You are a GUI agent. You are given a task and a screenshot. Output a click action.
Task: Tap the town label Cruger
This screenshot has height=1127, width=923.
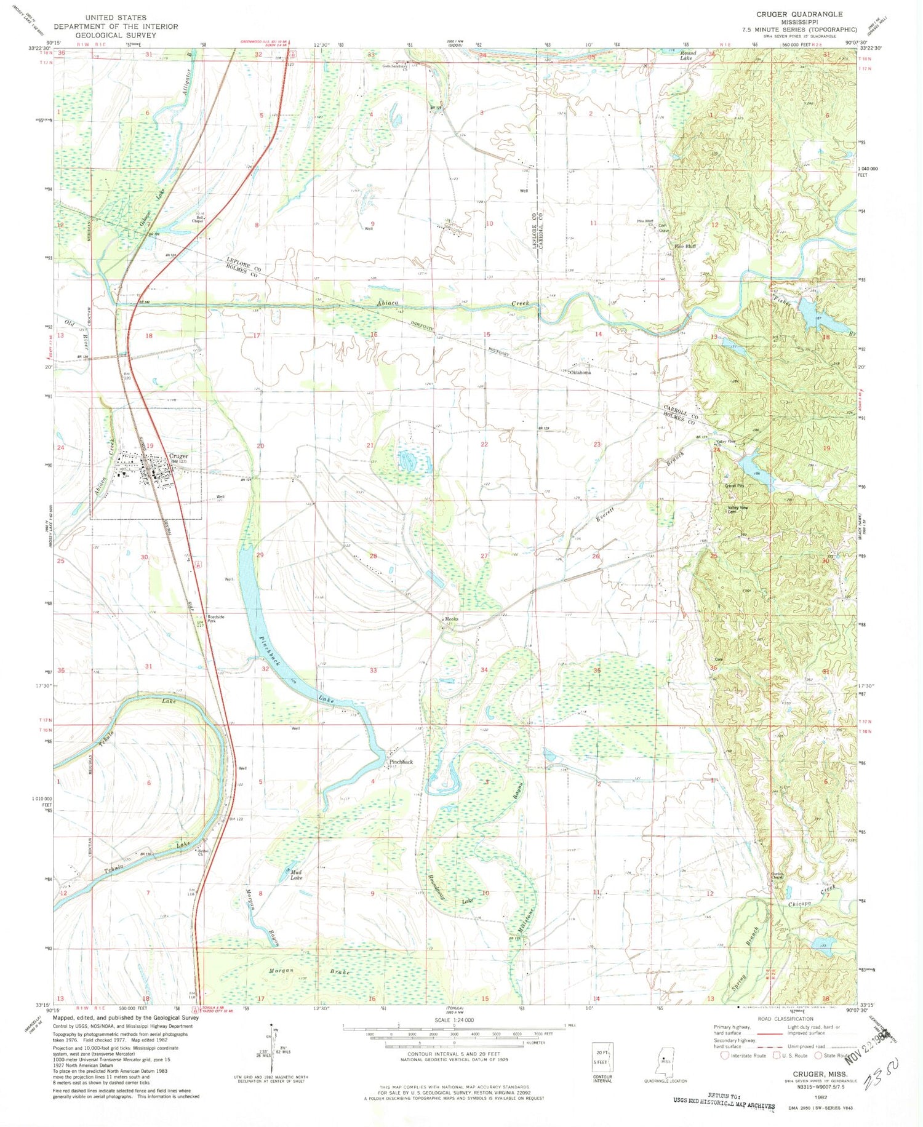[178, 456]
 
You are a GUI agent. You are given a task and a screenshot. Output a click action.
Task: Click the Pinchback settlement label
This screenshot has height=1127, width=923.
[401, 762]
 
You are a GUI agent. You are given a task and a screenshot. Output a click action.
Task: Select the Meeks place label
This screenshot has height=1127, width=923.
[452, 619]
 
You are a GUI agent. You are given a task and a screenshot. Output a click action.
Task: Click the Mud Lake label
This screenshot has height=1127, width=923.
[296, 874]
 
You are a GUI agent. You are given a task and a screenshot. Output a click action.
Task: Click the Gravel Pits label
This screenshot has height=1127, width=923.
[733, 486]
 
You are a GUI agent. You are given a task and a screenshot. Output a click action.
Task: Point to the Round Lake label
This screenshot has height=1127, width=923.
[688, 55]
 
